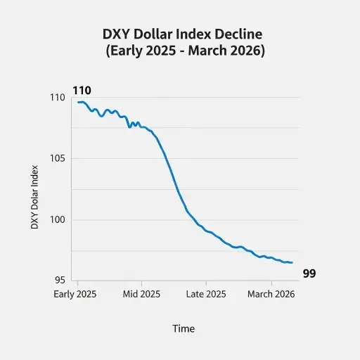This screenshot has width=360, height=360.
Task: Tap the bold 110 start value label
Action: coord(82,91)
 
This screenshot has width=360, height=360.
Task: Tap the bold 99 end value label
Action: coord(309,274)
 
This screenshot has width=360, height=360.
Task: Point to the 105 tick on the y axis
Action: coord(59,159)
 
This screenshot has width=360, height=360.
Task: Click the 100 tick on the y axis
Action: coord(59,220)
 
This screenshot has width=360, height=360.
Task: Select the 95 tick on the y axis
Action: coord(60,280)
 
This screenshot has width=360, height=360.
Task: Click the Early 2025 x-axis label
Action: coord(75,294)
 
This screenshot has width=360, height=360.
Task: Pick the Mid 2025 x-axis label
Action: coord(141,294)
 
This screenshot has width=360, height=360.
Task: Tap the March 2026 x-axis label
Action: coord(271,294)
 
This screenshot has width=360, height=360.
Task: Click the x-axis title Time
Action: coord(184,328)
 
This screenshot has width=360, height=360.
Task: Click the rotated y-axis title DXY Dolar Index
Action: coord(34,197)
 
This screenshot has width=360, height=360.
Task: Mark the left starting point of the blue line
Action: coord(79,103)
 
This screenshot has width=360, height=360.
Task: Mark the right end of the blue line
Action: coord(292,263)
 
